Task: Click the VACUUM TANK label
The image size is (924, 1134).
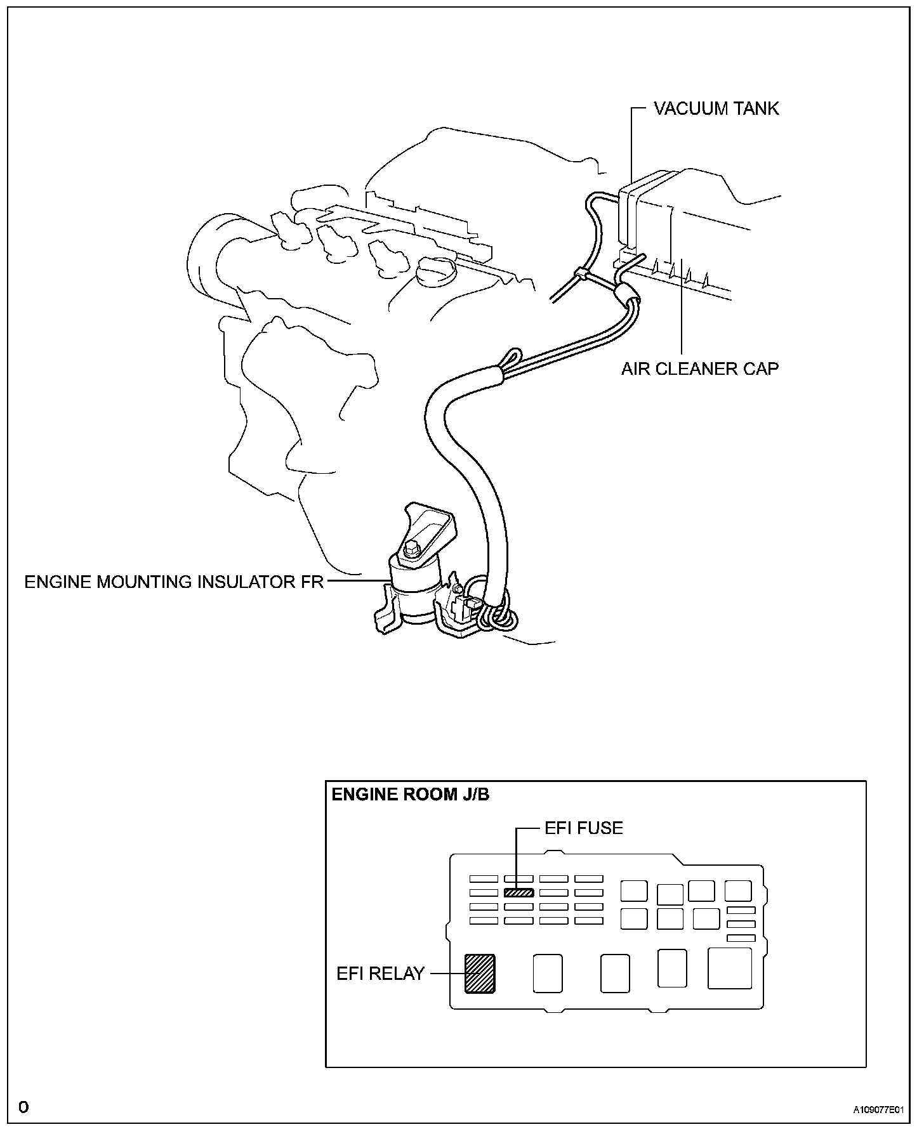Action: pyautogui.click(x=716, y=108)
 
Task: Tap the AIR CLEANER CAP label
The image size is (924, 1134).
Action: pyautogui.click(x=699, y=368)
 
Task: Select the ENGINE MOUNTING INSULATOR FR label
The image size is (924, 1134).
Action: pyautogui.click(x=174, y=582)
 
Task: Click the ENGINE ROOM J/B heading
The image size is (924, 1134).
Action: pyautogui.click(x=411, y=794)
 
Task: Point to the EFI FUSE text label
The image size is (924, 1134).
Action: pyautogui.click(x=584, y=828)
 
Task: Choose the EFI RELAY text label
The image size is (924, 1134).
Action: pyautogui.click(x=380, y=973)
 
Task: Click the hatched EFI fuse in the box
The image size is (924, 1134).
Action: pyautogui.click(x=518, y=892)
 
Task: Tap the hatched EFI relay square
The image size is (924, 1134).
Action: pyautogui.click(x=480, y=973)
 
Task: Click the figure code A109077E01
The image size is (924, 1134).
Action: pyautogui.click(x=877, y=1110)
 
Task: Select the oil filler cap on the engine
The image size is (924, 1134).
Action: pyautogui.click(x=435, y=273)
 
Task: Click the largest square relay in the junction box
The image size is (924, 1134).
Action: pyautogui.click(x=730, y=968)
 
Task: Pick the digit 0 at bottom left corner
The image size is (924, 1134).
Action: pyautogui.click(x=23, y=1107)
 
